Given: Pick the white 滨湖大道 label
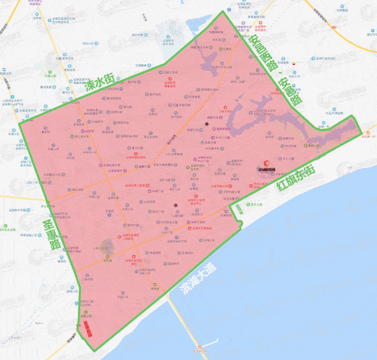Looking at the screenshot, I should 199,278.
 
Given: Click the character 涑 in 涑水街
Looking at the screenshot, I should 90,85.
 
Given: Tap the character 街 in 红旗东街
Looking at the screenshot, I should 316,169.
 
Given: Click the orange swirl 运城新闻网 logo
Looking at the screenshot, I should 266,166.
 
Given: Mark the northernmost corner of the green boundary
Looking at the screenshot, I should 223,11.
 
